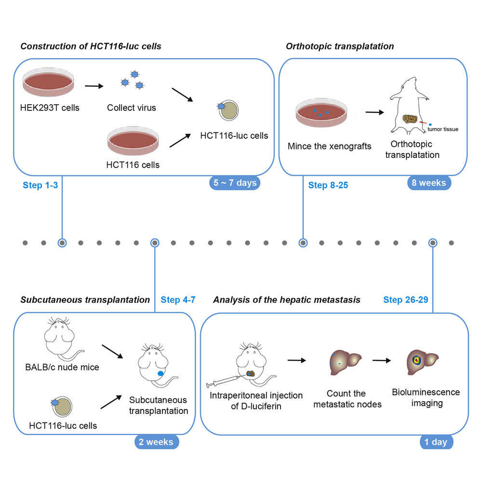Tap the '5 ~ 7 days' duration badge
click(234, 183)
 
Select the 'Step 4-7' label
click(178, 299)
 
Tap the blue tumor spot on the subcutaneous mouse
click(161, 373)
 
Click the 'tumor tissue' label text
click(446, 129)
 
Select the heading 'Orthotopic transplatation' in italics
click(340, 46)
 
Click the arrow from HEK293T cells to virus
click(94, 87)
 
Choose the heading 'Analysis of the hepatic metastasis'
click(286, 299)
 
